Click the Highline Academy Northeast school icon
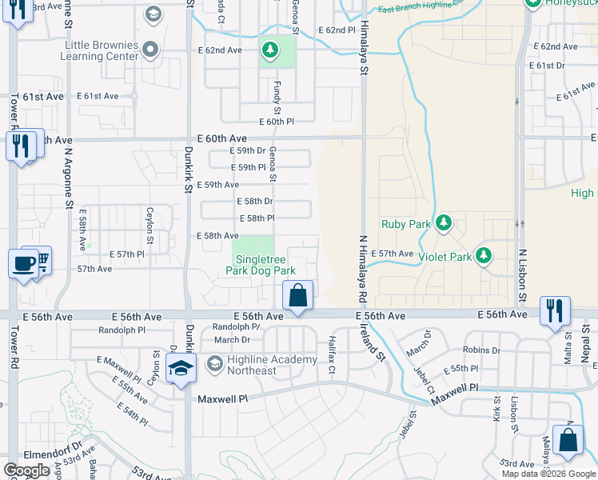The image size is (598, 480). point(181,370)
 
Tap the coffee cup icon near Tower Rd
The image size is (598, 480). point(22,264)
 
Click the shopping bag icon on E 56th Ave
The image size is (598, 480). point(297,295)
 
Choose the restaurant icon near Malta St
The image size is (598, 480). point(555,310)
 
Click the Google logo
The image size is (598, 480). point(26,470)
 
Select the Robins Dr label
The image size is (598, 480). point(480,350)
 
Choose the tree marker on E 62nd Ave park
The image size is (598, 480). point(271,51)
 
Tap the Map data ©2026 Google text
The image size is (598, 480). point(548,474)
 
